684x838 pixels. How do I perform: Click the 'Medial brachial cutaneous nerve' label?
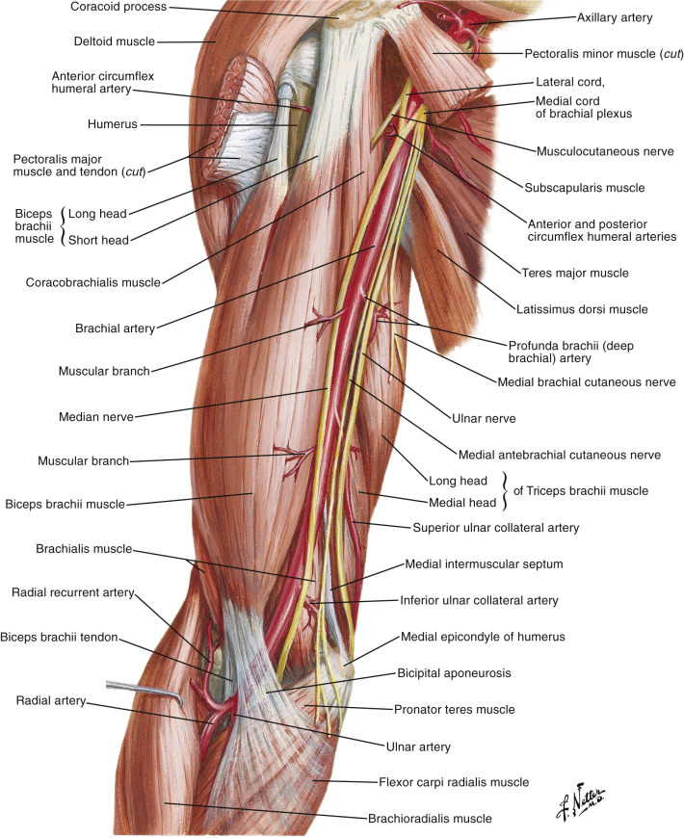pyautogui.click(x=586, y=381)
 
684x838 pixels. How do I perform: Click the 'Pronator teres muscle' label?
pyautogui.click(x=454, y=710)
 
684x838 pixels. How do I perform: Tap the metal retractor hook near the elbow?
pyautogui.click(x=145, y=687)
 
